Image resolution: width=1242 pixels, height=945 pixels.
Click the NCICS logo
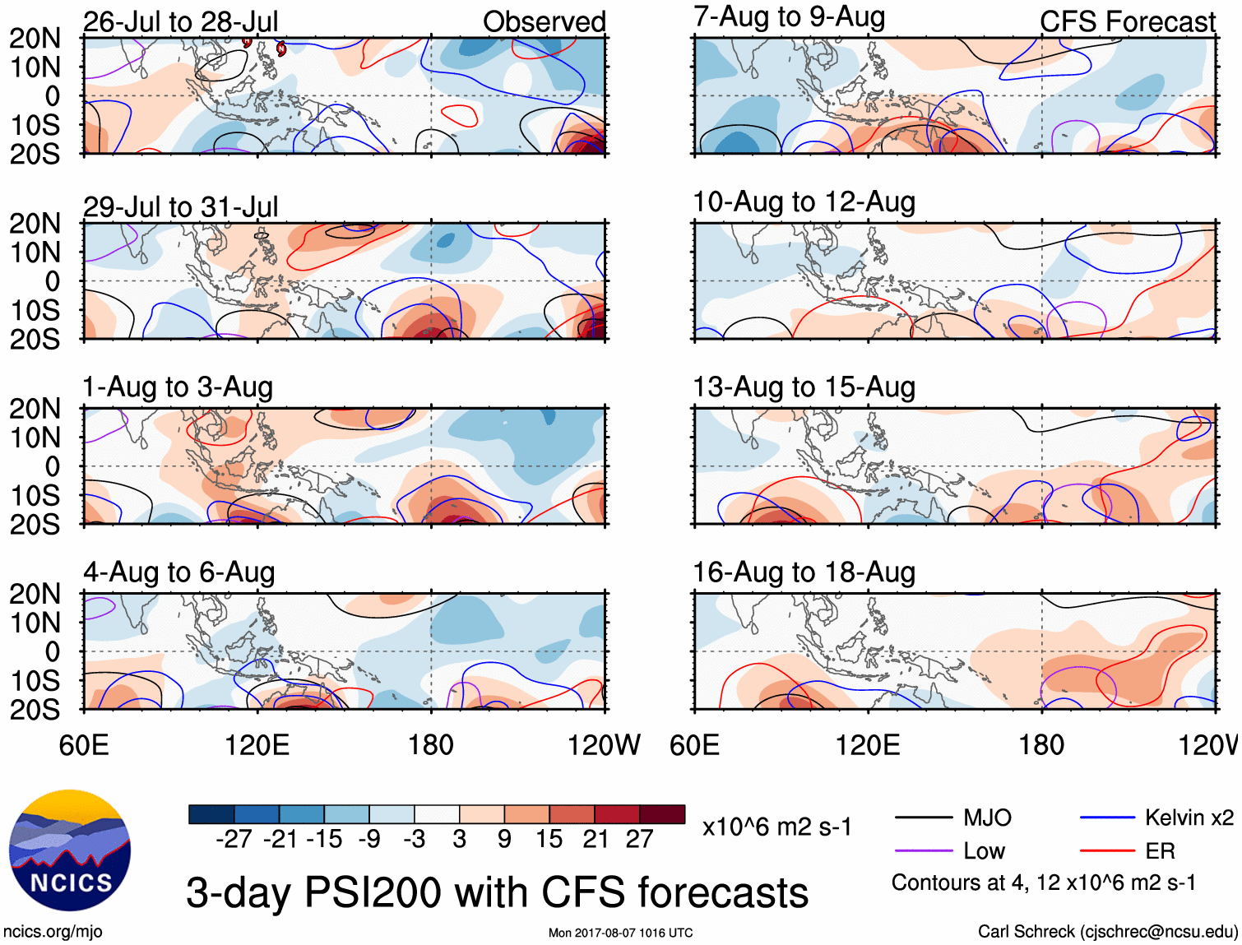[70, 850]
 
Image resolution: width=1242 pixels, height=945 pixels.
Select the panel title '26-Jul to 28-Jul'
[180, 21]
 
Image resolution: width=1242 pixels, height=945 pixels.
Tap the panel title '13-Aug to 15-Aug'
[804, 387]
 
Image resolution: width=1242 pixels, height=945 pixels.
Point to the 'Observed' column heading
[544, 22]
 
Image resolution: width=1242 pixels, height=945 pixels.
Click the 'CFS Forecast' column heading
[1127, 22]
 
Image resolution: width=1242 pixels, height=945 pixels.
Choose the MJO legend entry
[986, 818]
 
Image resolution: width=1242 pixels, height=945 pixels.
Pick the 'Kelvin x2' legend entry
[1189, 818]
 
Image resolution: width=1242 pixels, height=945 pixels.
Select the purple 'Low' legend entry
[984, 850]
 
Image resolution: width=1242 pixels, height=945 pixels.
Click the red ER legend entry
[1160, 850]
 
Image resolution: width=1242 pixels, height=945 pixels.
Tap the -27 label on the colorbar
[234, 839]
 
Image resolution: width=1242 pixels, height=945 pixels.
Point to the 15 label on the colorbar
[549, 839]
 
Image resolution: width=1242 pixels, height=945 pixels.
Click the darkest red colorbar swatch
[662, 814]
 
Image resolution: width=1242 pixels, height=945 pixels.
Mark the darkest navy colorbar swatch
[211, 814]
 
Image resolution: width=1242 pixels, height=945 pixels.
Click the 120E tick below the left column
[257, 745]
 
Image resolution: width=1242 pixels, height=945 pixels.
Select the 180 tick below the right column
[1041, 745]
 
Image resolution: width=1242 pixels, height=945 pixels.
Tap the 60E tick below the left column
[84, 745]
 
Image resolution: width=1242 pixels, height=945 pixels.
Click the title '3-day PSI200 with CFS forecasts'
[497, 892]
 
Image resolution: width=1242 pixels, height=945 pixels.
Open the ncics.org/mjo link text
[53, 932]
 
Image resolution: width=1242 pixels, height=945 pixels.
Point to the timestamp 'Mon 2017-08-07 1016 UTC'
[620, 933]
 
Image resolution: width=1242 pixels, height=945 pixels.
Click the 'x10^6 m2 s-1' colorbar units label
[776, 827]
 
